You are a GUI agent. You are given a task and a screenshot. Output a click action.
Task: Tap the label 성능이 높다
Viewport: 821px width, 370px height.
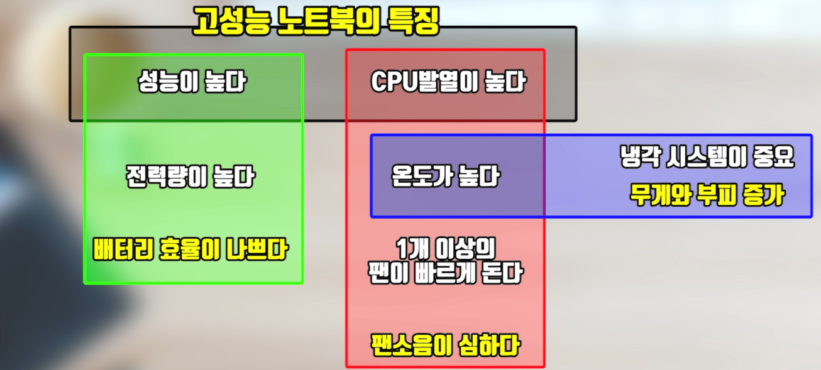[x=192, y=83]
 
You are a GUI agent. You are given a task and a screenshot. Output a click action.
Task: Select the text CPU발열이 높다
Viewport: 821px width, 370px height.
[x=448, y=83]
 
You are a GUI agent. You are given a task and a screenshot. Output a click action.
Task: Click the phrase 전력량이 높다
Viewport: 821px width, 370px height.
[x=190, y=177]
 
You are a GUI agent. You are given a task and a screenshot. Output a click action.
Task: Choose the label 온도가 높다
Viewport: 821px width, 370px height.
[x=445, y=177]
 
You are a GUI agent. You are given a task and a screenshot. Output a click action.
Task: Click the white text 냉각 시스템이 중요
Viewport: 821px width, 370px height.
[x=707, y=158]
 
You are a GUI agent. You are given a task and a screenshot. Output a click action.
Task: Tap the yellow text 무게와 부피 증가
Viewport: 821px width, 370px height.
[x=707, y=195]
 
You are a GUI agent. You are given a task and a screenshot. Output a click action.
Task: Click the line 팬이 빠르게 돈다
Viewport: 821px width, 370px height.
[x=445, y=274]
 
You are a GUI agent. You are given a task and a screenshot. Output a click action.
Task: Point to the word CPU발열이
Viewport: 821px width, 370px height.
[x=424, y=83]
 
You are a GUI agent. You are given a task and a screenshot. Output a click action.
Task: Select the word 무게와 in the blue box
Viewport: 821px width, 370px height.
[x=658, y=195]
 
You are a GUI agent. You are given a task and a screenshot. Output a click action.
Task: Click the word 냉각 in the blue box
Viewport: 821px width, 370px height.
[x=639, y=158]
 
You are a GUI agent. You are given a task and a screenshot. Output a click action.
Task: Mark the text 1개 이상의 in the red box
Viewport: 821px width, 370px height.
[x=444, y=246]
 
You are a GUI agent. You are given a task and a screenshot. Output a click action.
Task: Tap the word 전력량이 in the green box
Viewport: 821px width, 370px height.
[x=165, y=177]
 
